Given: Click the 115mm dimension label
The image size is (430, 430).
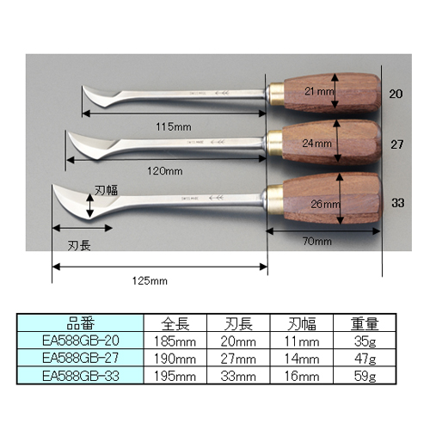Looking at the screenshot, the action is coord(174,126).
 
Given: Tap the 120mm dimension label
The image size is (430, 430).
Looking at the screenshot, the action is coord(165,171).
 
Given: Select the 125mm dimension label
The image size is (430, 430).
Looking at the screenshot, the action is coord(150,280).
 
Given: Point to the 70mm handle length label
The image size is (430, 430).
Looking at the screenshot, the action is coord(317,242).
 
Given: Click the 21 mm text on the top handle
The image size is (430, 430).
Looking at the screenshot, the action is coord(319,91).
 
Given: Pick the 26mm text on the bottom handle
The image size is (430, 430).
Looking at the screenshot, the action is coord(325,204).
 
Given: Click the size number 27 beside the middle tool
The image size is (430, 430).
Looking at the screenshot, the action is coord(397,144).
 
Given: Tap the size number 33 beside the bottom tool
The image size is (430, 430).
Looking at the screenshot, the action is coord(398,203).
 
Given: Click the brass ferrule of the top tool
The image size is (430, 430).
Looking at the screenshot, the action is coord(277,94).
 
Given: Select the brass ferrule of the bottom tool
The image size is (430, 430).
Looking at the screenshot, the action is coord(275,200).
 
